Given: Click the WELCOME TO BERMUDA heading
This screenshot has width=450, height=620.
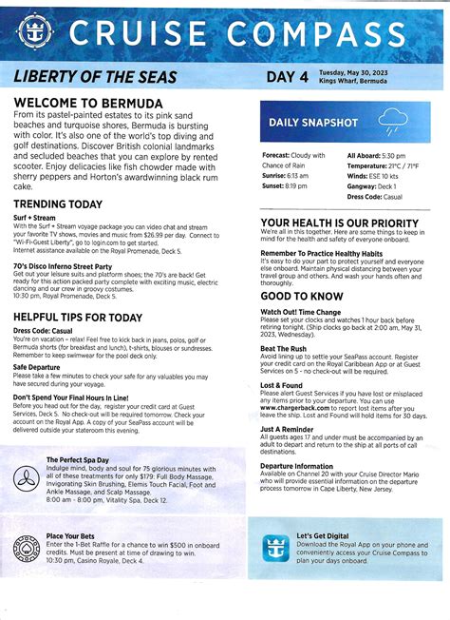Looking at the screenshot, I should (x=87, y=103).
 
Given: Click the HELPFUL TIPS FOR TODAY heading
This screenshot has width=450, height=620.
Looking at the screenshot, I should (x=79, y=317).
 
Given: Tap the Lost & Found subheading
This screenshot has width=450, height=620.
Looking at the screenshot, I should (x=285, y=384).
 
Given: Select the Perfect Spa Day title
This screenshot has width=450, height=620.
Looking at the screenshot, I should (x=79, y=459).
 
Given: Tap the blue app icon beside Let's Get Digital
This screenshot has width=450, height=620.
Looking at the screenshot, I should (x=276, y=549).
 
